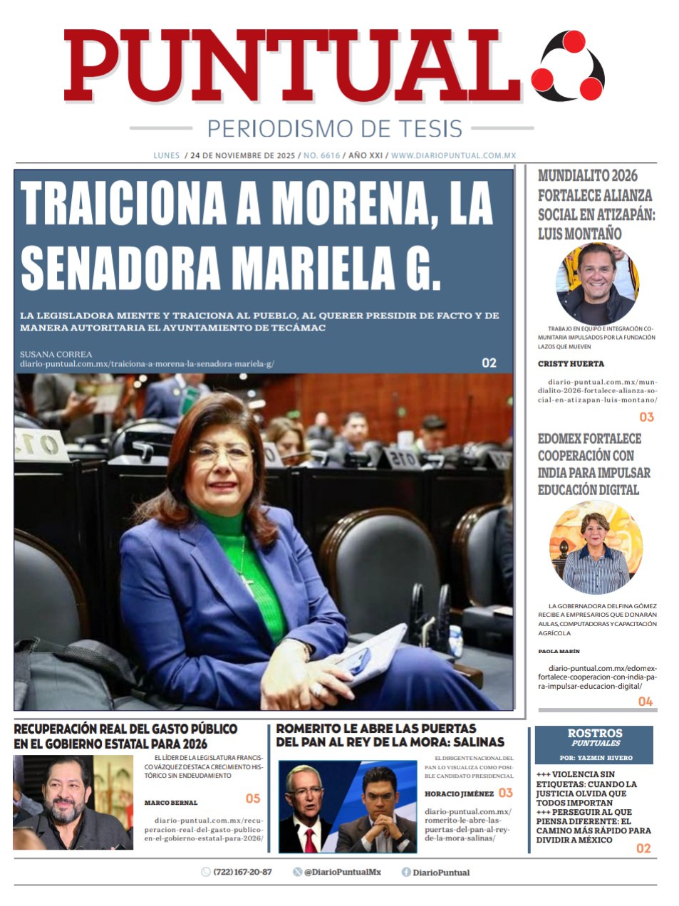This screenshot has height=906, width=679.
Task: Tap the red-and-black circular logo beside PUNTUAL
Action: [568, 66]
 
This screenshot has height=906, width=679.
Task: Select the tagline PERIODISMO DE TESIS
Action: [334, 129]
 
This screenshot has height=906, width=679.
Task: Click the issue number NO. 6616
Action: [322, 155]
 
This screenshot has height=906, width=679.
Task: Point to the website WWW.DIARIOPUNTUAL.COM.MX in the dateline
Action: [453, 155]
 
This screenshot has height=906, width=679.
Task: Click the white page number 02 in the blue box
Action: [489, 363]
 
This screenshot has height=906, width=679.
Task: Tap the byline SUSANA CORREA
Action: [56, 354]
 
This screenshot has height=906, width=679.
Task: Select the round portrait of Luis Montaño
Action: [597, 283]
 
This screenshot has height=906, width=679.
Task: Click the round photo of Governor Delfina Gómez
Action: [596, 548]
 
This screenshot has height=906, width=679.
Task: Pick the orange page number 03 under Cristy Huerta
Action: [646, 417]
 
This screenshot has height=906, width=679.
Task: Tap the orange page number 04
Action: [645, 702]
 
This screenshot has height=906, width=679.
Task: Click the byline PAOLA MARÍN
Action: [559, 651]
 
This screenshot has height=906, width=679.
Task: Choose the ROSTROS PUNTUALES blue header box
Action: [594, 744]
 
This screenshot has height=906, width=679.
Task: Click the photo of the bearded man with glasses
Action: [73, 802]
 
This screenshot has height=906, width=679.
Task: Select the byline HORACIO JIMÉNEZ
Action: [459, 793]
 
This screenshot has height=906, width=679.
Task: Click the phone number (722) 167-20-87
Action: [242, 872]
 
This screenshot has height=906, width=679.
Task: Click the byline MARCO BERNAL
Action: [171, 803]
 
